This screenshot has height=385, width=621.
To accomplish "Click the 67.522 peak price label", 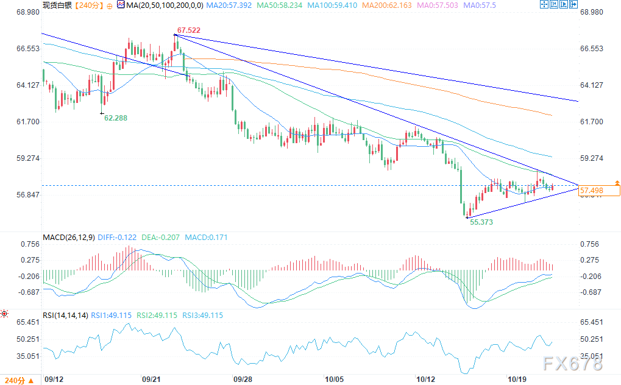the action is (x=188, y=30).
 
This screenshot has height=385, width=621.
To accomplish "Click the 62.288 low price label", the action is (x=116, y=118).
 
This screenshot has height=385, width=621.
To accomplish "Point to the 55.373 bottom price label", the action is (x=481, y=222).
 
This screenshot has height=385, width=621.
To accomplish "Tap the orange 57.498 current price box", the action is (x=599, y=191).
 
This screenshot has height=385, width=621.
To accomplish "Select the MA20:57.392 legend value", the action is (x=229, y=5).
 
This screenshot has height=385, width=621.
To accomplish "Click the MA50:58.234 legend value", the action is (x=279, y=5).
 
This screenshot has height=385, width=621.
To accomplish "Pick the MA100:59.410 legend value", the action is (x=332, y=5).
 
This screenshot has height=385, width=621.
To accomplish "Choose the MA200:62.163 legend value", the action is (x=386, y=5).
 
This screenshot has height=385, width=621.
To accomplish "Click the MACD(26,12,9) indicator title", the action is (x=68, y=237).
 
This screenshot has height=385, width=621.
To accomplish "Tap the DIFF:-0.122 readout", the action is (x=117, y=237).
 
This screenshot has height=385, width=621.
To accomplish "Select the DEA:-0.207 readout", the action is (x=160, y=237).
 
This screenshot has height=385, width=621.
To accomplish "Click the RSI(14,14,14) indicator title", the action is (x=65, y=316).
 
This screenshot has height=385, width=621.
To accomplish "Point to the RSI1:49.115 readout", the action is (x=112, y=316).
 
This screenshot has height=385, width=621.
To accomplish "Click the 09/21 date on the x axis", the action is (x=151, y=379).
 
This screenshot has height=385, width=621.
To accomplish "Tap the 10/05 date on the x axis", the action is (x=334, y=379).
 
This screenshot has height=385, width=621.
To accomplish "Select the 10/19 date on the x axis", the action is (x=517, y=379).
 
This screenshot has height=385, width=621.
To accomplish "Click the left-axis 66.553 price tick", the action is (x=28, y=48).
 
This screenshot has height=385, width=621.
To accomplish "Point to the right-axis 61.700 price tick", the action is (x=592, y=122).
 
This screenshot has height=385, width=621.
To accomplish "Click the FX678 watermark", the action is (x=573, y=363).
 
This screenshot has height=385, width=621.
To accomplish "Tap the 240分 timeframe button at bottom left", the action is (x=20, y=380).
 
